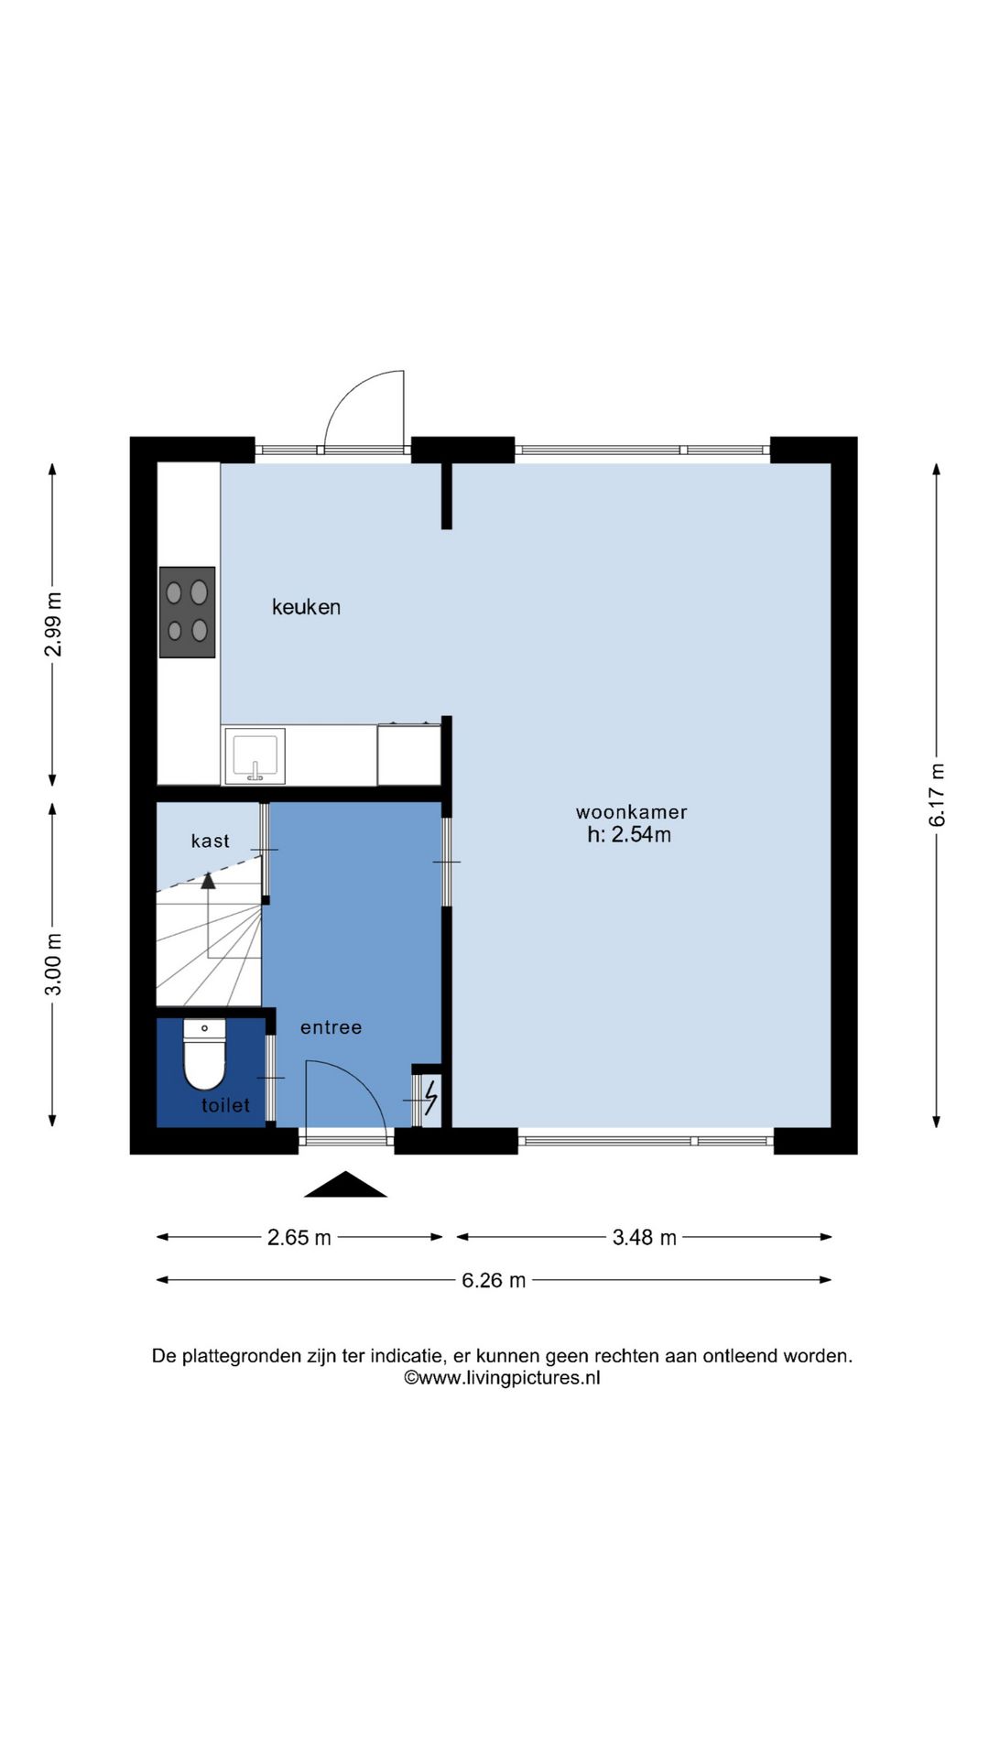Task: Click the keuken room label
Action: click(x=306, y=607)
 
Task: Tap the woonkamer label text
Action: click(x=631, y=812)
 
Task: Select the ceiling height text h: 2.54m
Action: click(x=629, y=835)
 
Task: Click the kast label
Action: click(x=210, y=841)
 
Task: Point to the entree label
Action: click(x=331, y=1027)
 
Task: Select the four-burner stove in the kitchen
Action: click(x=188, y=612)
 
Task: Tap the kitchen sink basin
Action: click(x=255, y=756)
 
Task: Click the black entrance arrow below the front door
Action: click(x=345, y=1185)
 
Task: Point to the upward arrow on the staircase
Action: click(x=208, y=881)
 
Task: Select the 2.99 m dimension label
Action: click(x=54, y=624)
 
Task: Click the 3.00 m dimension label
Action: click(x=54, y=964)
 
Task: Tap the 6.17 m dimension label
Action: click(x=938, y=796)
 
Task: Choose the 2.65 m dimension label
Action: click(x=299, y=1238)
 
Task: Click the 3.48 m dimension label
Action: click(x=644, y=1238)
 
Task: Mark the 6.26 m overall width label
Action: click(x=494, y=1280)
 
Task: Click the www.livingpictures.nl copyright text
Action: click(x=502, y=1378)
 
